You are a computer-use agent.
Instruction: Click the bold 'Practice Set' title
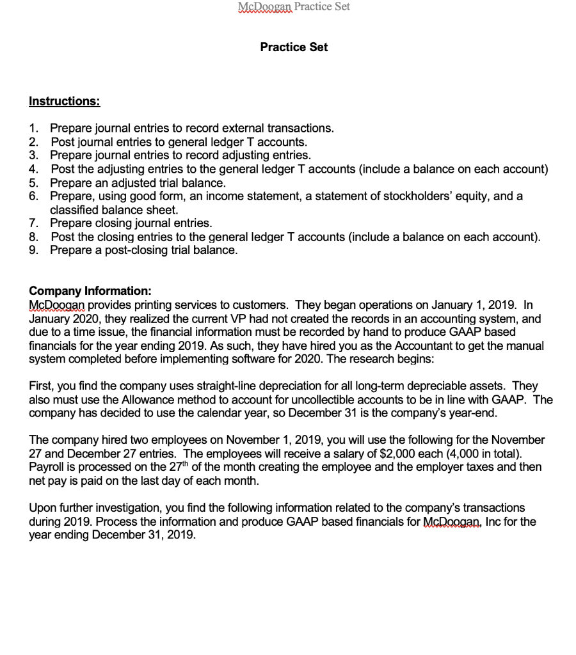[x=294, y=47]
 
